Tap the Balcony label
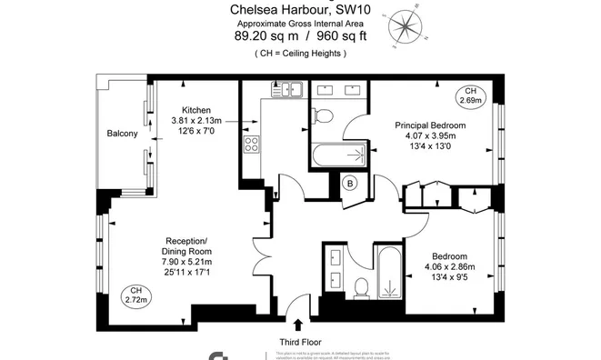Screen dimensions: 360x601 tap(122, 135)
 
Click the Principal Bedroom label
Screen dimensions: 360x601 tap(430, 125)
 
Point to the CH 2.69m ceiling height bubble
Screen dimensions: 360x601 tap(471, 95)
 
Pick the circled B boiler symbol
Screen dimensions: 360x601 tap(350, 184)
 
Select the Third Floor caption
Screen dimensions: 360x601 tap(299, 341)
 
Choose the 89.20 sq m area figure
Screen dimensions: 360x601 tap(265, 36)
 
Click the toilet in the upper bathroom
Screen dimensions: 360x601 tap(322, 116)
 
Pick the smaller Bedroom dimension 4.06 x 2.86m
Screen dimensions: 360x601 tap(450, 267)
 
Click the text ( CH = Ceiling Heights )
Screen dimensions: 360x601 tap(300, 54)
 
